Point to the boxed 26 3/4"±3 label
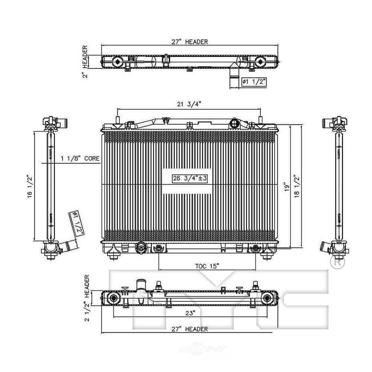coord(190,179)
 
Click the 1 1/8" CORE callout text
coord(80,158)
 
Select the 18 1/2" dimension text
coord(296,188)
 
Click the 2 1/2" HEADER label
coord(87,298)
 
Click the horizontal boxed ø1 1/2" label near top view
coord(253,81)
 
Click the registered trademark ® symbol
coord(337,262)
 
